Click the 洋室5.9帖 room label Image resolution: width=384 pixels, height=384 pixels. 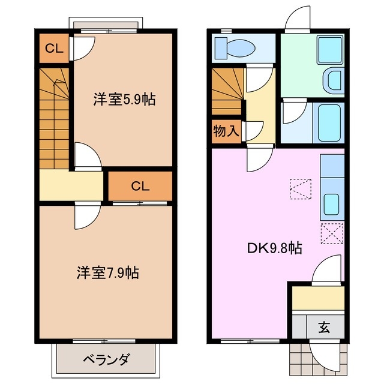(124, 99)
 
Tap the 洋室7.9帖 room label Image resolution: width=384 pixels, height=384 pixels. (108, 272)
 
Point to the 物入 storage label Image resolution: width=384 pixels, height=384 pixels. (226, 131)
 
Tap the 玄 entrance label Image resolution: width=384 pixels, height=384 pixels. (324, 328)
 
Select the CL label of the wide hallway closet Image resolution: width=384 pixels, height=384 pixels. (140, 185)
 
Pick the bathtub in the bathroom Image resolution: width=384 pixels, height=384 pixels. (329, 122)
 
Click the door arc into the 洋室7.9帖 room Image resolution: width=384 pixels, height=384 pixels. (86, 217)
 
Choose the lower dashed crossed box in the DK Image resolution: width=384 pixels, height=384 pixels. (332, 232)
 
